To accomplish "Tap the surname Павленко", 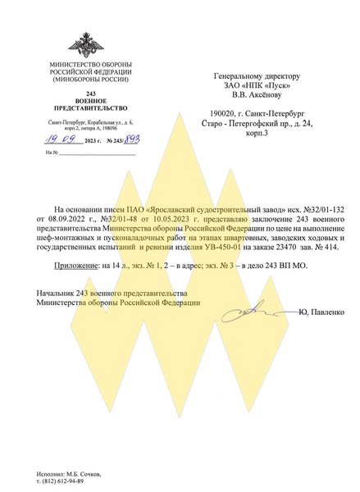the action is click(328, 312).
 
